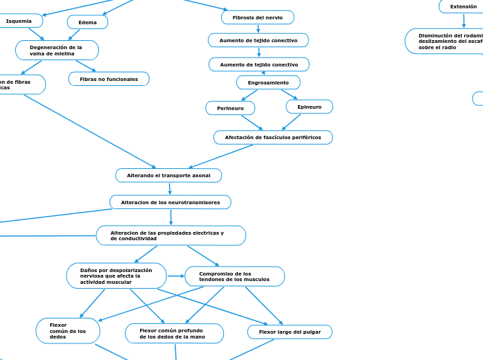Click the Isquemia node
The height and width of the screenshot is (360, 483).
[x=19, y=21]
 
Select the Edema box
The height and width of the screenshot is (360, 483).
[x=87, y=22]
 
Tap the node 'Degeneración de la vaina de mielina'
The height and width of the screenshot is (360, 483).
[x=57, y=51]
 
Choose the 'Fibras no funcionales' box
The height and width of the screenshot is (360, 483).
[x=109, y=80]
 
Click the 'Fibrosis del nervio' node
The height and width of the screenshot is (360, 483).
[x=258, y=17]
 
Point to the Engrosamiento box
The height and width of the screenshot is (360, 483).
[x=268, y=82]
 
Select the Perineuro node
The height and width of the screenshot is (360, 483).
[x=230, y=109]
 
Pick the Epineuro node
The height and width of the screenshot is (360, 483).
[x=309, y=107]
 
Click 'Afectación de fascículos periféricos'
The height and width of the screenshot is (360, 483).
[x=272, y=138]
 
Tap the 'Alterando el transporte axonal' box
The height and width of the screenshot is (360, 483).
[x=168, y=176]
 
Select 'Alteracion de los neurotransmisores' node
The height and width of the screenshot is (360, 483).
[x=170, y=203]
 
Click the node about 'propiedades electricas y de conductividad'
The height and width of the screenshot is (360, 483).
[x=170, y=235]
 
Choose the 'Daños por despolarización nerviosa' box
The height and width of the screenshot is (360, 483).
[x=116, y=276]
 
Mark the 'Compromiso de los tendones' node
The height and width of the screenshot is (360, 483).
[x=234, y=277]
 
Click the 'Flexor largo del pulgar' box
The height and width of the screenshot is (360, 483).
[x=290, y=332]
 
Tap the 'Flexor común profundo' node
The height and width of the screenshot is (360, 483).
[x=174, y=334]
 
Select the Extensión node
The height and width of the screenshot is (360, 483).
[x=463, y=7]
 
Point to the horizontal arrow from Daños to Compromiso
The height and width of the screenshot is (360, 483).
[x=175, y=276]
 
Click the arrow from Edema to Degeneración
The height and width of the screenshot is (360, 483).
[x=75, y=35]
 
